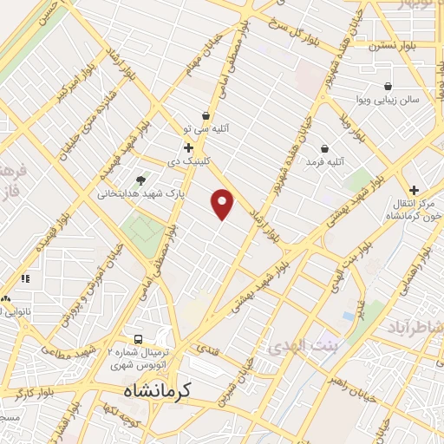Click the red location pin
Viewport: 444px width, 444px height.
coord(223,203)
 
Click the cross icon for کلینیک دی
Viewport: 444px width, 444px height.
coord(187,147)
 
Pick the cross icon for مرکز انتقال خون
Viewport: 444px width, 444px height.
coord(414,190)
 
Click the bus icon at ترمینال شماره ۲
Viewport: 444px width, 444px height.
coord(138,339)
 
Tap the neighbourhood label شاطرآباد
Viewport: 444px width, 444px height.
coord(418,327)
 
